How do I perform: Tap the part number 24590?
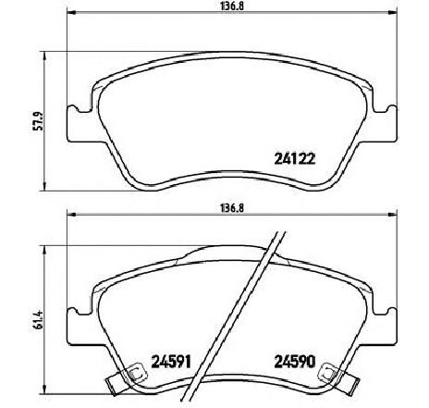coord(288,361)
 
